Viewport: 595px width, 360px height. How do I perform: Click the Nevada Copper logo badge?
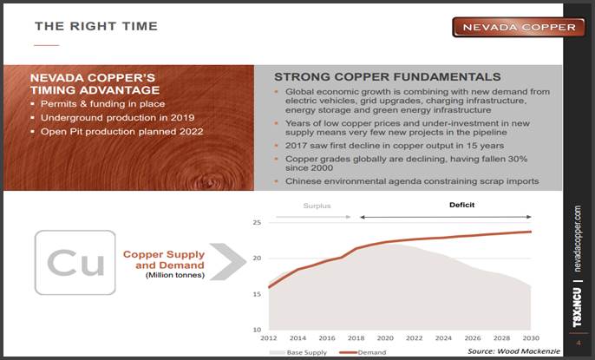[x=519, y=27]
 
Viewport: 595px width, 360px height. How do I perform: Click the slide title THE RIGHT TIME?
[x=96, y=26]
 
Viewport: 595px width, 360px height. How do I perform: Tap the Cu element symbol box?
[x=75, y=263]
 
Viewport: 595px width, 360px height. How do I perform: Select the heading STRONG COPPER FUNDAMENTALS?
[x=388, y=77]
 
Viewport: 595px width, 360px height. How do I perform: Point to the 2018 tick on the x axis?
[x=356, y=338]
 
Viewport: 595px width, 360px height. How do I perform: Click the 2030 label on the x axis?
[x=531, y=338]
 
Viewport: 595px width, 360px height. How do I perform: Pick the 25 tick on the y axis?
[x=257, y=222]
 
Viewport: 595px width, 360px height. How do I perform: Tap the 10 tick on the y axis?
[x=257, y=330]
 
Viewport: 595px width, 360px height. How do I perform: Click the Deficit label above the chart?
[x=461, y=205]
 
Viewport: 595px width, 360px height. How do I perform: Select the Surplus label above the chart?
[x=317, y=206]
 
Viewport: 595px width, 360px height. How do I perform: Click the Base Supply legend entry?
[x=297, y=352]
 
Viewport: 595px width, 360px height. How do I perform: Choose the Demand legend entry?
[x=363, y=352]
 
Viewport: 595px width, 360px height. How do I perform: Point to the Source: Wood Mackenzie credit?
[x=513, y=351]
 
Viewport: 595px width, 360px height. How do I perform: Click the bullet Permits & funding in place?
[x=103, y=104]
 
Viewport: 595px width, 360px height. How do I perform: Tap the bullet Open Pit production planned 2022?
[x=121, y=132]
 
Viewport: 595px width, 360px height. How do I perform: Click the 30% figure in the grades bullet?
[x=518, y=159]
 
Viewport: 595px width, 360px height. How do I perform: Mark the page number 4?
[x=579, y=343]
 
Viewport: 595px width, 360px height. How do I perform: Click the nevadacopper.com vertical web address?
[x=578, y=239]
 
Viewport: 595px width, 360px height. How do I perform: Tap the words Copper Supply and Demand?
[x=164, y=260]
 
